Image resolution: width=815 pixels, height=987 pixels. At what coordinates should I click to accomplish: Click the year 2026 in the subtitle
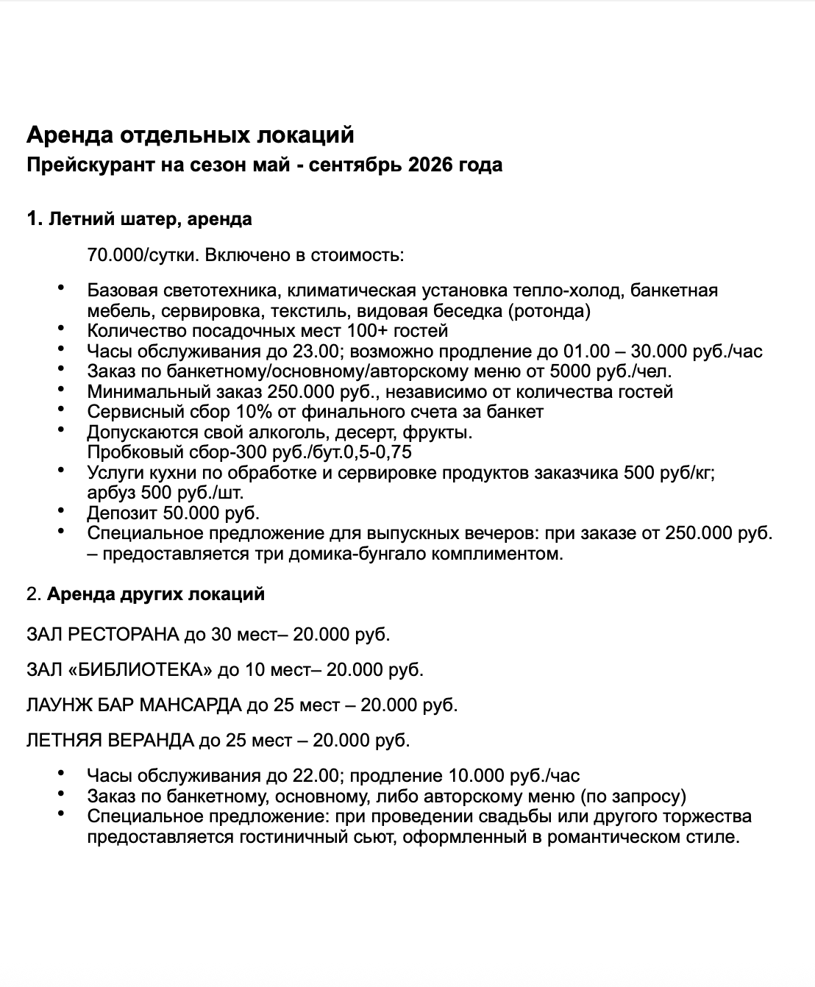(x=430, y=165)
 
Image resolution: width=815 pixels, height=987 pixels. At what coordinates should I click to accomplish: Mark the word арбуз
(x=110, y=491)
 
